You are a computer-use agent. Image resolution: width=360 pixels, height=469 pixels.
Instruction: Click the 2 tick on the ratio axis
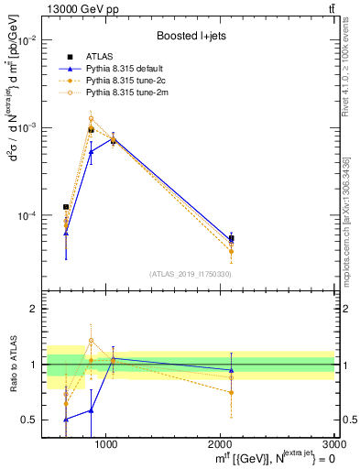(x=37, y=310)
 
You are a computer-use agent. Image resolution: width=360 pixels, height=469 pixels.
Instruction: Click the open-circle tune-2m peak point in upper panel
(x=91, y=119)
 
